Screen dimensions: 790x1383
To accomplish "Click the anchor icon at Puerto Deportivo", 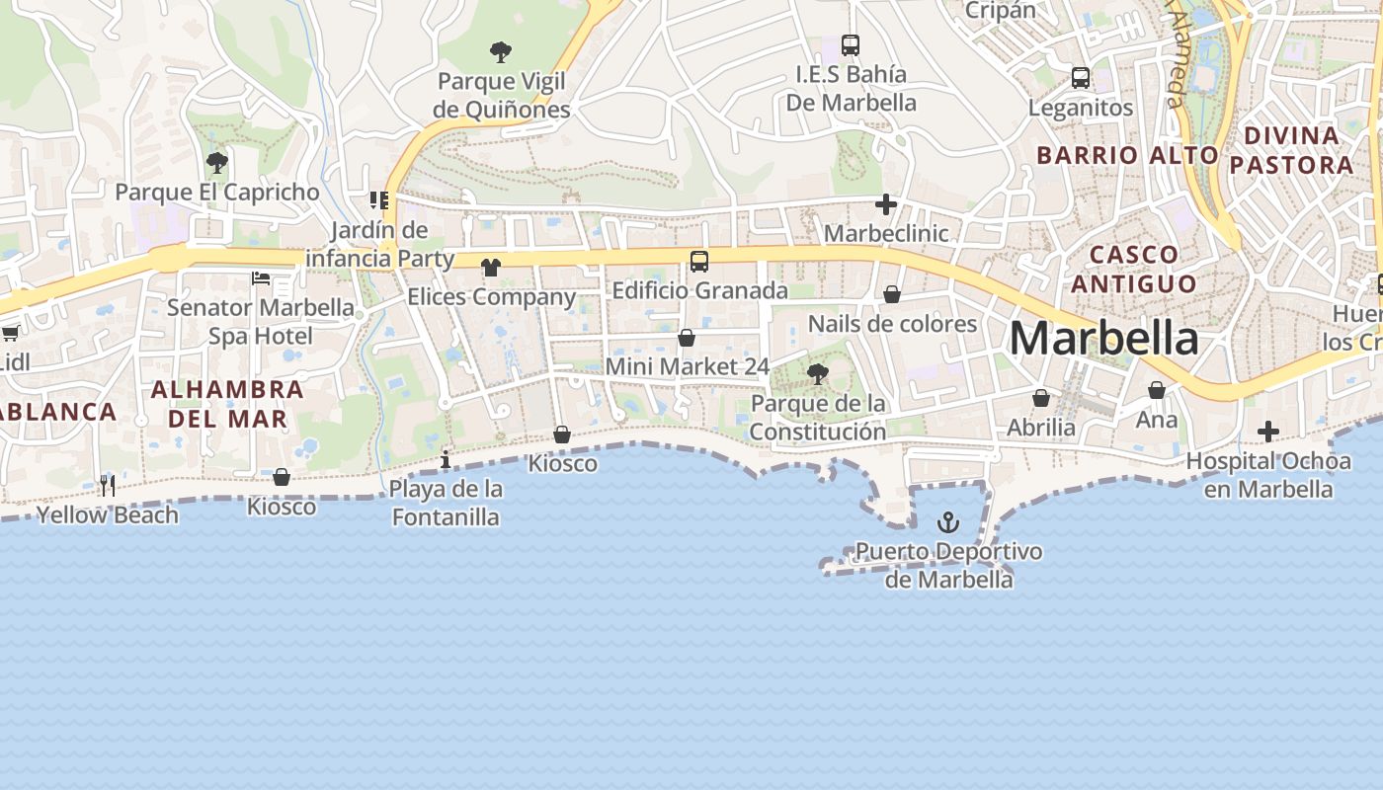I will pos(948,521).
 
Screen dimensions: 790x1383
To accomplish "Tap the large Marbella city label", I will pos(1103,339).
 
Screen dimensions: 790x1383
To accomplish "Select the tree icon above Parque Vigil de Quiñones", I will pos(501,51).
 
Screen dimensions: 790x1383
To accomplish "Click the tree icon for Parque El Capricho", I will pos(217,163).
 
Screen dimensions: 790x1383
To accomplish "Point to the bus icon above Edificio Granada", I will pos(699,262).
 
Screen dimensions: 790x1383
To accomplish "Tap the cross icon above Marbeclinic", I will pos(886,204).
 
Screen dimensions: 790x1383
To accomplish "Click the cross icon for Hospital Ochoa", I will pos(1268,432).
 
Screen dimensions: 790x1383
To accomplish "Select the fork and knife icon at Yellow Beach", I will pos(108,485).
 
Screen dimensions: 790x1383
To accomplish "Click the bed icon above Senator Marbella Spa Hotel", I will pos(261,278).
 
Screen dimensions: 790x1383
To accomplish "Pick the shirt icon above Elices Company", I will pos(491,268).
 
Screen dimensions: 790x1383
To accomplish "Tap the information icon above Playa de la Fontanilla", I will pos(446,459).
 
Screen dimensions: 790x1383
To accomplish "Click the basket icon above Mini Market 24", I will pos(687,338).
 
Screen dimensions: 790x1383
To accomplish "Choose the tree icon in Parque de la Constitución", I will pos(817,373).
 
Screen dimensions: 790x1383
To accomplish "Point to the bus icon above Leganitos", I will pos(1081,77).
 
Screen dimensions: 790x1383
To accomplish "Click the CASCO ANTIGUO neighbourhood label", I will pos(1134,269).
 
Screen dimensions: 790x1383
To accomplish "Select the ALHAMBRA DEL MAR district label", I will pos(227,404).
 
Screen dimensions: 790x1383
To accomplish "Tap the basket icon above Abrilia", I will pos(1041,398).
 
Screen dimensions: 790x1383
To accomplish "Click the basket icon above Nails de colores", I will pos(892,294).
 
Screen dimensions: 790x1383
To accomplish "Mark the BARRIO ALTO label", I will pos(1127,155).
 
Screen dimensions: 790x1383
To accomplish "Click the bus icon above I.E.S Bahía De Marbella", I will pos(851,44).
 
